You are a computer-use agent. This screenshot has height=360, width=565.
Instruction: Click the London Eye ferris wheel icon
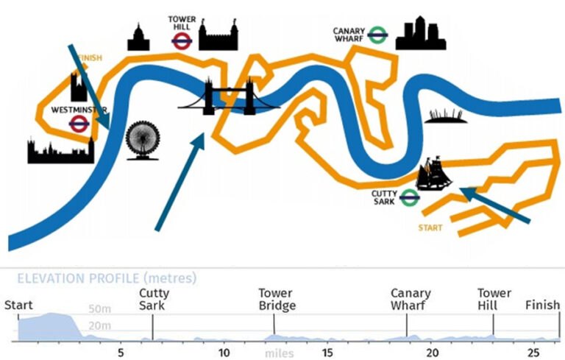tap(142, 141)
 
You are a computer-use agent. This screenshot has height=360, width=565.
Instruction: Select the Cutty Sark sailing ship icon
tap(433, 174)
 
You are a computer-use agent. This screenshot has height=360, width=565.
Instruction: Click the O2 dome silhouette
tap(445, 116)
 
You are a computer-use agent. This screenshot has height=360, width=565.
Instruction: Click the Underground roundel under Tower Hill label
tap(181, 40)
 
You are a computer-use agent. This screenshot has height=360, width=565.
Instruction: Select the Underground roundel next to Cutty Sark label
tap(410, 197)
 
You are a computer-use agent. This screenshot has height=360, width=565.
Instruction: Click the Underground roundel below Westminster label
tap(79, 124)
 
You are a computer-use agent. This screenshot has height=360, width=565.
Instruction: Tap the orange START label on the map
tap(430, 228)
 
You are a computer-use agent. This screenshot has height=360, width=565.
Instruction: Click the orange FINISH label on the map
tap(89, 57)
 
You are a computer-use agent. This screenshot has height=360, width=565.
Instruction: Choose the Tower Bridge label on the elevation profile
tap(277, 300)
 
